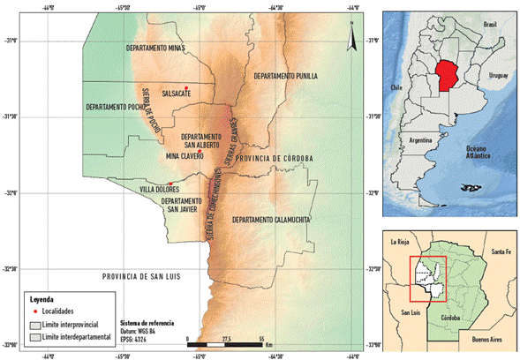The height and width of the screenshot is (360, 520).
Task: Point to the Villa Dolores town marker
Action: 170,184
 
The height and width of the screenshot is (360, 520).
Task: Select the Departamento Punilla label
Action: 284,77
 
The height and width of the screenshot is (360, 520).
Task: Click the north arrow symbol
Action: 350,40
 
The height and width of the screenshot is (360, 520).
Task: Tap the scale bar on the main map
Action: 225,341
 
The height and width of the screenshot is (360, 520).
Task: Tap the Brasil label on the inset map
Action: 489,26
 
